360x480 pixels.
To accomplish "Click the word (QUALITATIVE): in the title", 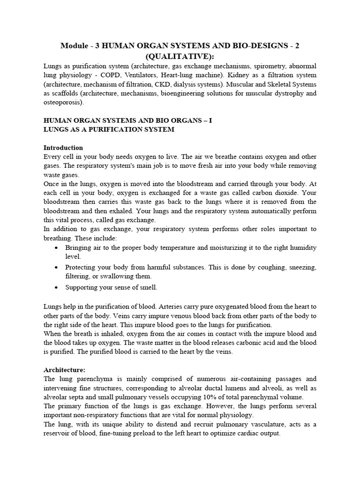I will (180, 56).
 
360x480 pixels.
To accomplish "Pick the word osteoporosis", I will (62, 102).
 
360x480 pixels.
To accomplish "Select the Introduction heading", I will (63, 148).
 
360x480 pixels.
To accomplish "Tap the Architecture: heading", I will (64, 369).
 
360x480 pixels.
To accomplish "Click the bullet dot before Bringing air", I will (57, 247).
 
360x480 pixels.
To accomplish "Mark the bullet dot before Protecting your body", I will (57, 267).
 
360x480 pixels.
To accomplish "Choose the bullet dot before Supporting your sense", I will (57, 287).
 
